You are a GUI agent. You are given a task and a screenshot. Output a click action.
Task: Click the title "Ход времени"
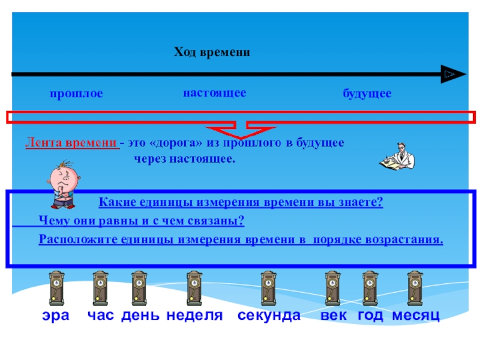[x=212, y=53]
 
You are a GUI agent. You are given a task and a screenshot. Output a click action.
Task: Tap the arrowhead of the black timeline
[x=453, y=74]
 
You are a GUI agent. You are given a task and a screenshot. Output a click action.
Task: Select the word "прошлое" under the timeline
[x=76, y=94]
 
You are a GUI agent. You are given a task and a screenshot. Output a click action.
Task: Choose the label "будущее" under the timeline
[x=367, y=94]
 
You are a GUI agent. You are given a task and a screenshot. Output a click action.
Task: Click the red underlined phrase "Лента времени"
[x=71, y=143]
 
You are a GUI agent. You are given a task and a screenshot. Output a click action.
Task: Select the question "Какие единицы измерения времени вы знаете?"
[x=240, y=202]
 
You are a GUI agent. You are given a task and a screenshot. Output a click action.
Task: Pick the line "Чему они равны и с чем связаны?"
[x=141, y=221]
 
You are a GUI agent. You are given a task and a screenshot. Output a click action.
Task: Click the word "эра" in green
[x=55, y=316]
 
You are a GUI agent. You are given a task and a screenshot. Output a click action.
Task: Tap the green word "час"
[x=101, y=316]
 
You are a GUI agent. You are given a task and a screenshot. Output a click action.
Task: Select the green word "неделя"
[x=194, y=316]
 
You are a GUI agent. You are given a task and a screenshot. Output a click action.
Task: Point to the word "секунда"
[x=268, y=316]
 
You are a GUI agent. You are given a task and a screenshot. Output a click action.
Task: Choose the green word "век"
[x=334, y=316]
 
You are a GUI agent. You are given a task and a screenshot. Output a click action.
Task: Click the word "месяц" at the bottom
[x=416, y=316]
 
